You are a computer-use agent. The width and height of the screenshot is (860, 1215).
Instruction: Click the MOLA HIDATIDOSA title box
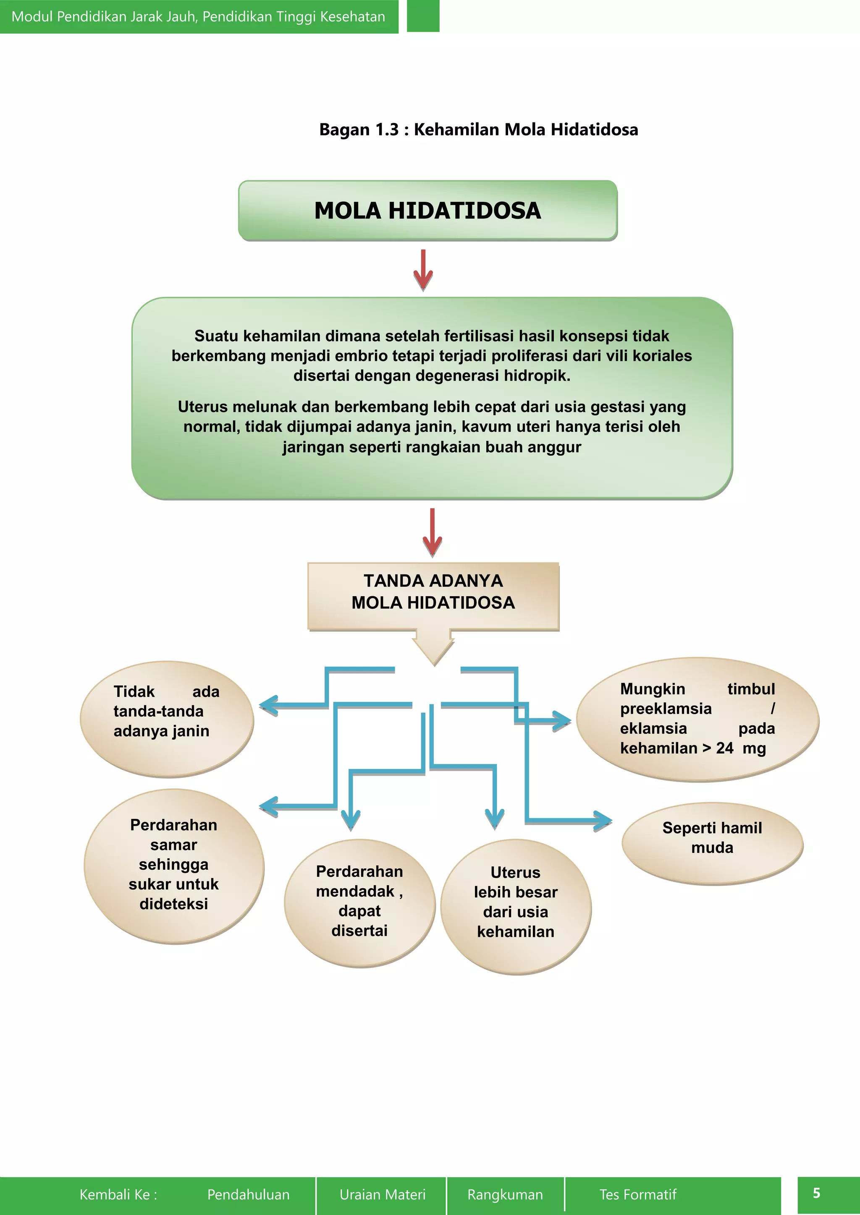pos(428,211)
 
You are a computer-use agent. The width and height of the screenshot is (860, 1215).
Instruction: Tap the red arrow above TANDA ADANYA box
pos(433,532)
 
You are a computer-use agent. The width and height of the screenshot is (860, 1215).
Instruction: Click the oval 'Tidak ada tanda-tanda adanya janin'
pos(166,719)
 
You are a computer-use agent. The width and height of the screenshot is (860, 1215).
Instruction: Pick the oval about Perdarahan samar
pos(174,866)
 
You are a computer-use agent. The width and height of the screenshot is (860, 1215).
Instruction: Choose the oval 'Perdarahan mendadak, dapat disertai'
pos(359,903)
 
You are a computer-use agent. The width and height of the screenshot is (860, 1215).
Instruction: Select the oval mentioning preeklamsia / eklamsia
pos(697,719)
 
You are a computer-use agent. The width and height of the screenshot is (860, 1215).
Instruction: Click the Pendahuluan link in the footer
pos(248,1194)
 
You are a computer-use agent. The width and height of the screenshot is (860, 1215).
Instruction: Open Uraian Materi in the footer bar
pos(383,1194)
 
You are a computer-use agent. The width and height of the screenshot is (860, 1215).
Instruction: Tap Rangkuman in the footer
pos(505,1194)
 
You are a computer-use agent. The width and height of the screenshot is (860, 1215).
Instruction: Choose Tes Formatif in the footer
pos(637,1194)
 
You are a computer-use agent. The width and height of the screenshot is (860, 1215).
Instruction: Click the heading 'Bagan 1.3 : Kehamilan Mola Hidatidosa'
pos(478,130)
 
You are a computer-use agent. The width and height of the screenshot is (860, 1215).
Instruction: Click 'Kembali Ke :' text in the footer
pos(118,1194)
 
